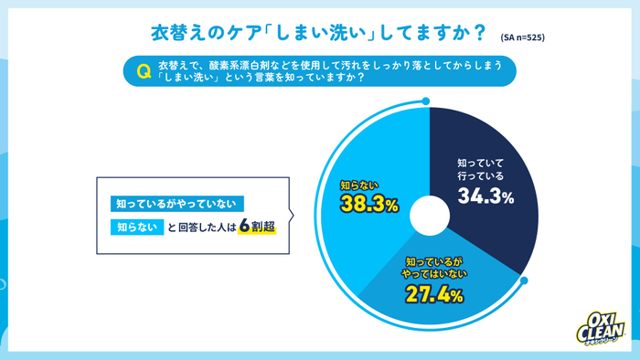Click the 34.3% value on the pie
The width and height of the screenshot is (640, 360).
tap(485, 196)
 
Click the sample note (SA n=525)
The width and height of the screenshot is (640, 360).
tap(523, 37)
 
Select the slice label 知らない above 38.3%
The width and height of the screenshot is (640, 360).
tap(361, 185)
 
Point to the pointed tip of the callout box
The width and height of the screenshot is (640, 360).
tap(293, 217)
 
